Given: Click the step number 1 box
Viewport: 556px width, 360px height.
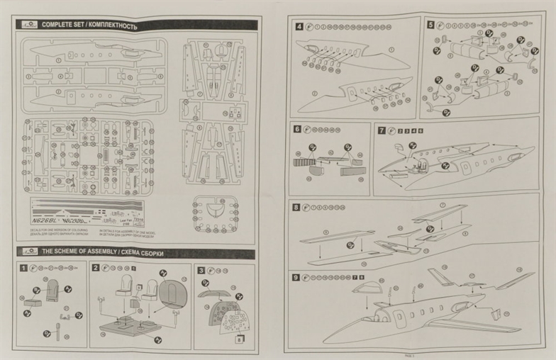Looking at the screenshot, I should pyautogui.click(x=23, y=269).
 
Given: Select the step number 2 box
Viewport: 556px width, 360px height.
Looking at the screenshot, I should pyautogui.click(x=95, y=269).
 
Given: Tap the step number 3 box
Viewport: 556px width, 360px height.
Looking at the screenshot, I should pyautogui.click(x=201, y=270).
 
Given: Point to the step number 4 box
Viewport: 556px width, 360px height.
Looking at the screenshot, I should pyautogui.click(x=299, y=26).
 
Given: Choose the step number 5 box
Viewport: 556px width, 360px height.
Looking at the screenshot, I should pyautogui.click(x=430, y=24).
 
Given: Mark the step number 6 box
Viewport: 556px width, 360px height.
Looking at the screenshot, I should pyautogui.click(x=297, y=130).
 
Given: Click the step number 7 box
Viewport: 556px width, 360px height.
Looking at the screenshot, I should pyautogui.click(x=382, y=130).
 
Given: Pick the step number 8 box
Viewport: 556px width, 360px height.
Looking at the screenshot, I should pyautogui.click(x=296, y=207).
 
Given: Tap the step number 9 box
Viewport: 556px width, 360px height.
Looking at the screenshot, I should pyautogui.click(x=296, y=276).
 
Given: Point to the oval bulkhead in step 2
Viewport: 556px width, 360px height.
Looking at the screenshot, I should pyautogui.click(x=173, y=293).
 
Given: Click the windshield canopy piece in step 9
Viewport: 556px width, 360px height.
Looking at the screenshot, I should pyautogui.click(x=367, y=288).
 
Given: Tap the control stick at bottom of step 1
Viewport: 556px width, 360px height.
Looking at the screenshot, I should pyautogui.click(x=57, y=332).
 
